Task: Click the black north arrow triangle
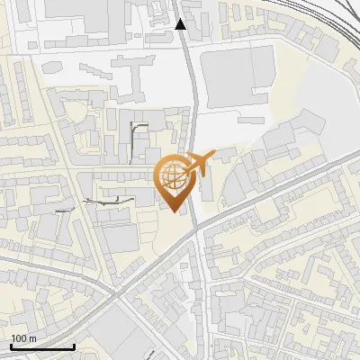(x=181, y=24)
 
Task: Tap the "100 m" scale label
(x=23, y=338)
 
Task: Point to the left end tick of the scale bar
(x=11, y=346)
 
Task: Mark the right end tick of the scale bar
(x=74, y=346)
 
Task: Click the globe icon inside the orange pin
(x=174, y=176)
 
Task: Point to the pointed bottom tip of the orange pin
(x=174, y=211)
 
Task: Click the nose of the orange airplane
(x=213, y=154)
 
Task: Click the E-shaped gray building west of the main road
(x=129, y=77)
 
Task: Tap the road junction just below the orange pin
(x=193, y=231)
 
